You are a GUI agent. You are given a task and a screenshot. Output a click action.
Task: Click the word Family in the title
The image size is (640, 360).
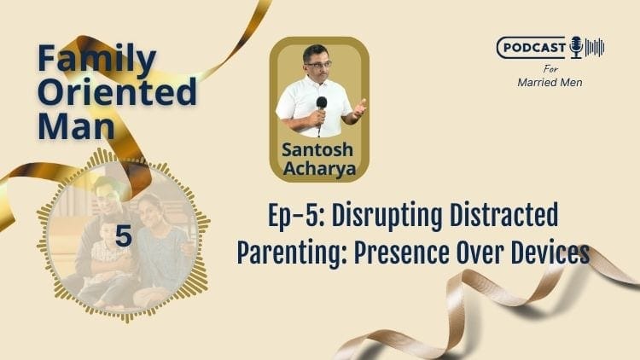tap(96, 60)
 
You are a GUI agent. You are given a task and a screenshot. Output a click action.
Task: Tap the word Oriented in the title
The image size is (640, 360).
tap(118, 91)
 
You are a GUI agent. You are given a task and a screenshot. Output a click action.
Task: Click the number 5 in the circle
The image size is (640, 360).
tap(124, 237)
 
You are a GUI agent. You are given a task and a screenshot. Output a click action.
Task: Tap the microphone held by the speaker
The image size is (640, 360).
tap(322, 107)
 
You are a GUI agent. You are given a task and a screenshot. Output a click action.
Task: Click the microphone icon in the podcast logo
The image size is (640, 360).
tap(576, 46)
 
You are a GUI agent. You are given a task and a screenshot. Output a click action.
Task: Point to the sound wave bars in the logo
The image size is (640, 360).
tap(595, 47)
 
